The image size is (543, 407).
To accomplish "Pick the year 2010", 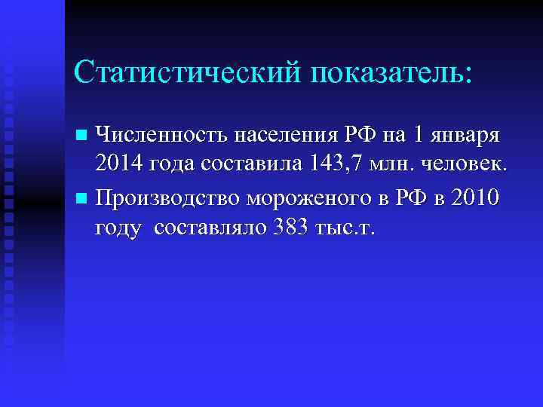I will pos(467,198).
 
